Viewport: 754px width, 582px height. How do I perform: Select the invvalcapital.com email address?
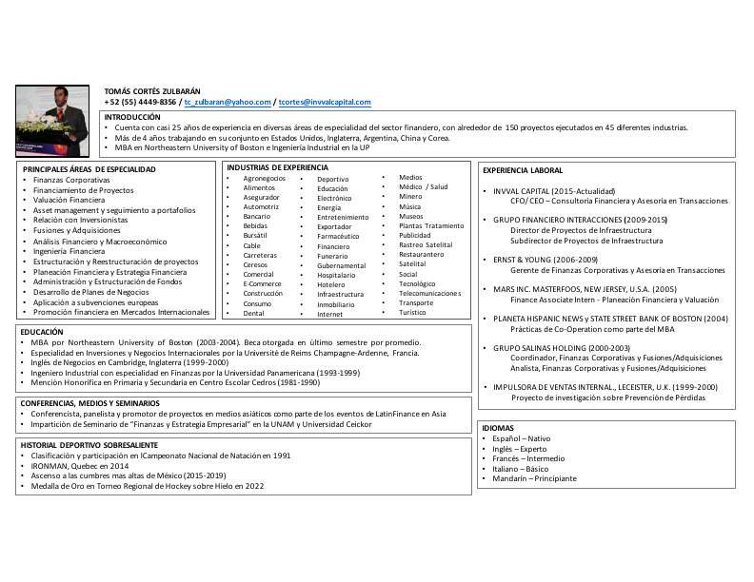(x=325, y=102)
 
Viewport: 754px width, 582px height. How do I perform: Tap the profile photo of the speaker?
(x=51, y=121)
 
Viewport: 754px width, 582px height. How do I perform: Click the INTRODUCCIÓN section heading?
(x=132, y=116)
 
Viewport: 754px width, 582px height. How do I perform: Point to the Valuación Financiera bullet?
(x=69, y=200)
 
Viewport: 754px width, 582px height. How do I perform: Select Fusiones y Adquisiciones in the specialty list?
(x=77, y=230)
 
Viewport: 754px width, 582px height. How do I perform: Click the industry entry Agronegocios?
(x=264, y=179)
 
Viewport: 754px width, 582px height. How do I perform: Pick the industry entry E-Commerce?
(x=262, y=283)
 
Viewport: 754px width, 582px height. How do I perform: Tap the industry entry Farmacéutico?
(x=338, y=237)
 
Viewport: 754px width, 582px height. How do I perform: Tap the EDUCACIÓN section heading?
(x=42, y=332)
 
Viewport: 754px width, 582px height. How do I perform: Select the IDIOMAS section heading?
(x=498, y=428)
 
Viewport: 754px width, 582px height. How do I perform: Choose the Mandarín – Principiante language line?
(x=534, y=478)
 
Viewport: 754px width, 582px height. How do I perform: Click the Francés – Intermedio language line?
(x=528, y=458)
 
